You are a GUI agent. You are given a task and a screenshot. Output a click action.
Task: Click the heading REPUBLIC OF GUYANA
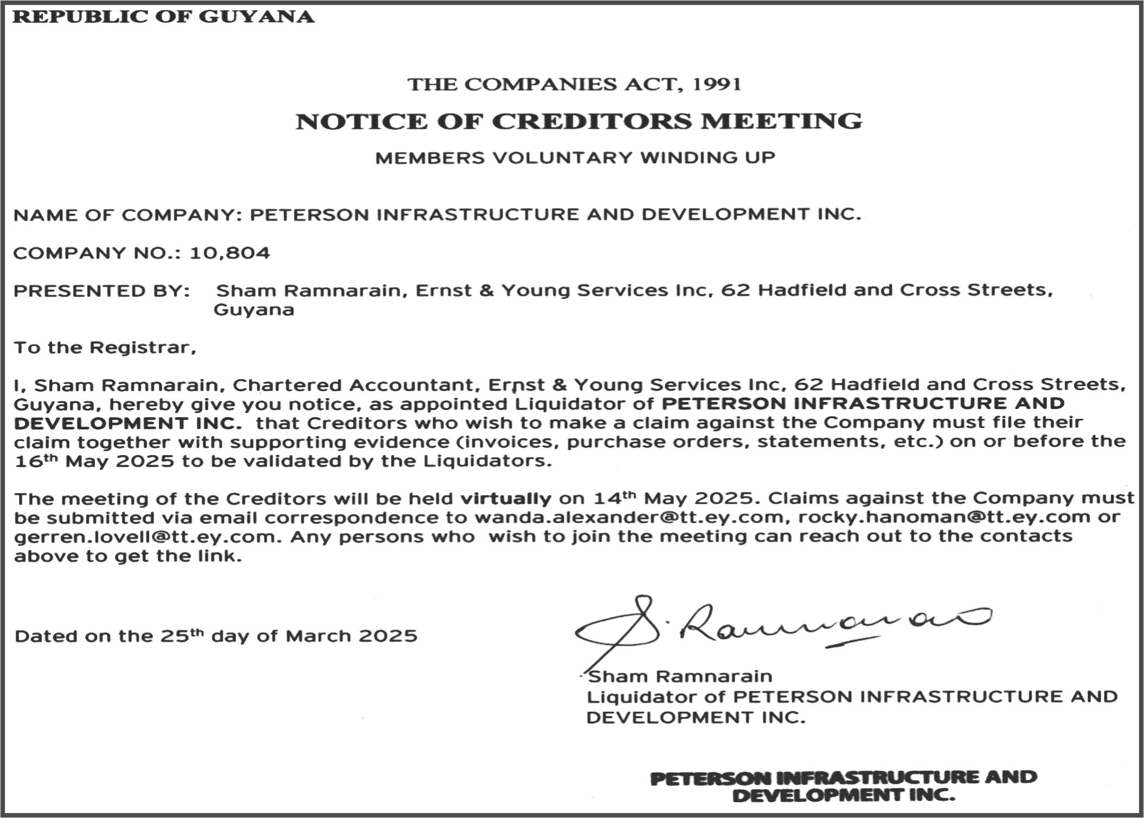click(163, 17)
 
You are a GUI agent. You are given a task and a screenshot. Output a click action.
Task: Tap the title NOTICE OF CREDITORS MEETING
click(579, 121)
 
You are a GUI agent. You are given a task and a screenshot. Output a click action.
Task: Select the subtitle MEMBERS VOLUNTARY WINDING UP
click(575, 158)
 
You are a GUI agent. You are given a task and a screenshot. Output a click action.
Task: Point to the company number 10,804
click(229, 253)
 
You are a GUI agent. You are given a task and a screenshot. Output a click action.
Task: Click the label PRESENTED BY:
click(102, 291)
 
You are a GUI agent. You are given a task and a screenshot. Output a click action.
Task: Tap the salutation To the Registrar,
click(105, 347)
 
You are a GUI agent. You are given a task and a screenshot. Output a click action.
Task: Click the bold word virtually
click(505, 498)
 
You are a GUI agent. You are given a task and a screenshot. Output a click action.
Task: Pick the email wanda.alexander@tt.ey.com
click(628, 518)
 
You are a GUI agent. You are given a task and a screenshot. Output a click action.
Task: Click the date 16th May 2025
click(94, 462)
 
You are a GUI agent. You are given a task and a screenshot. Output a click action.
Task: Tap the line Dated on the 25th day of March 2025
click(216, 636)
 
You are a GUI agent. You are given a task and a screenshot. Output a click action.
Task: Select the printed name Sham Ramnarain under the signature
click(680, 677)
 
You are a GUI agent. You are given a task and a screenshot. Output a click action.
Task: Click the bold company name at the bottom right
click(843, 787)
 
